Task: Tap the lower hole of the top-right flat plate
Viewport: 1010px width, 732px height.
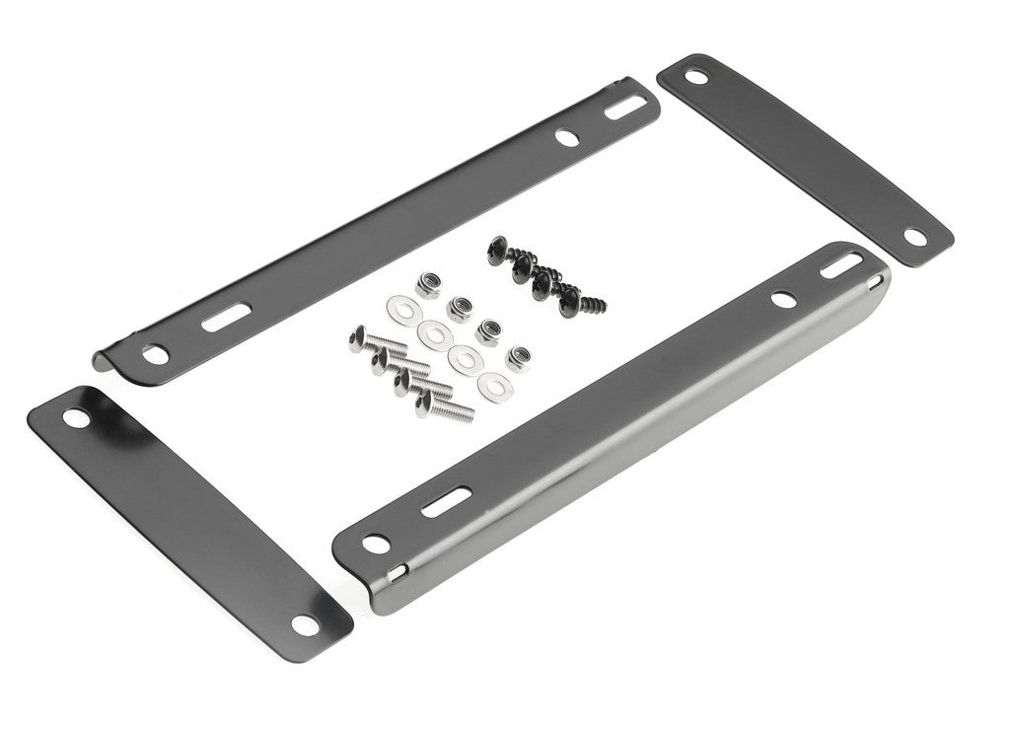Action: click(914, 237)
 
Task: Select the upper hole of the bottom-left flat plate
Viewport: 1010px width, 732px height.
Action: click(74, 417)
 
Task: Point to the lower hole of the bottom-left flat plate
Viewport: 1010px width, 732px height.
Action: click(305, 623)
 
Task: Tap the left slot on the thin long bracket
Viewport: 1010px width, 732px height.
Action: click(218, 321)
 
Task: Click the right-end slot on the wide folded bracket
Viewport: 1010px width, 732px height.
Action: click(846, 264)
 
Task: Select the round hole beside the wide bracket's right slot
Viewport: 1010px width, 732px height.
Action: click(784, 297)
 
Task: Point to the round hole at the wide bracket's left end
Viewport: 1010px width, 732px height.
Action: click(374, 542)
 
